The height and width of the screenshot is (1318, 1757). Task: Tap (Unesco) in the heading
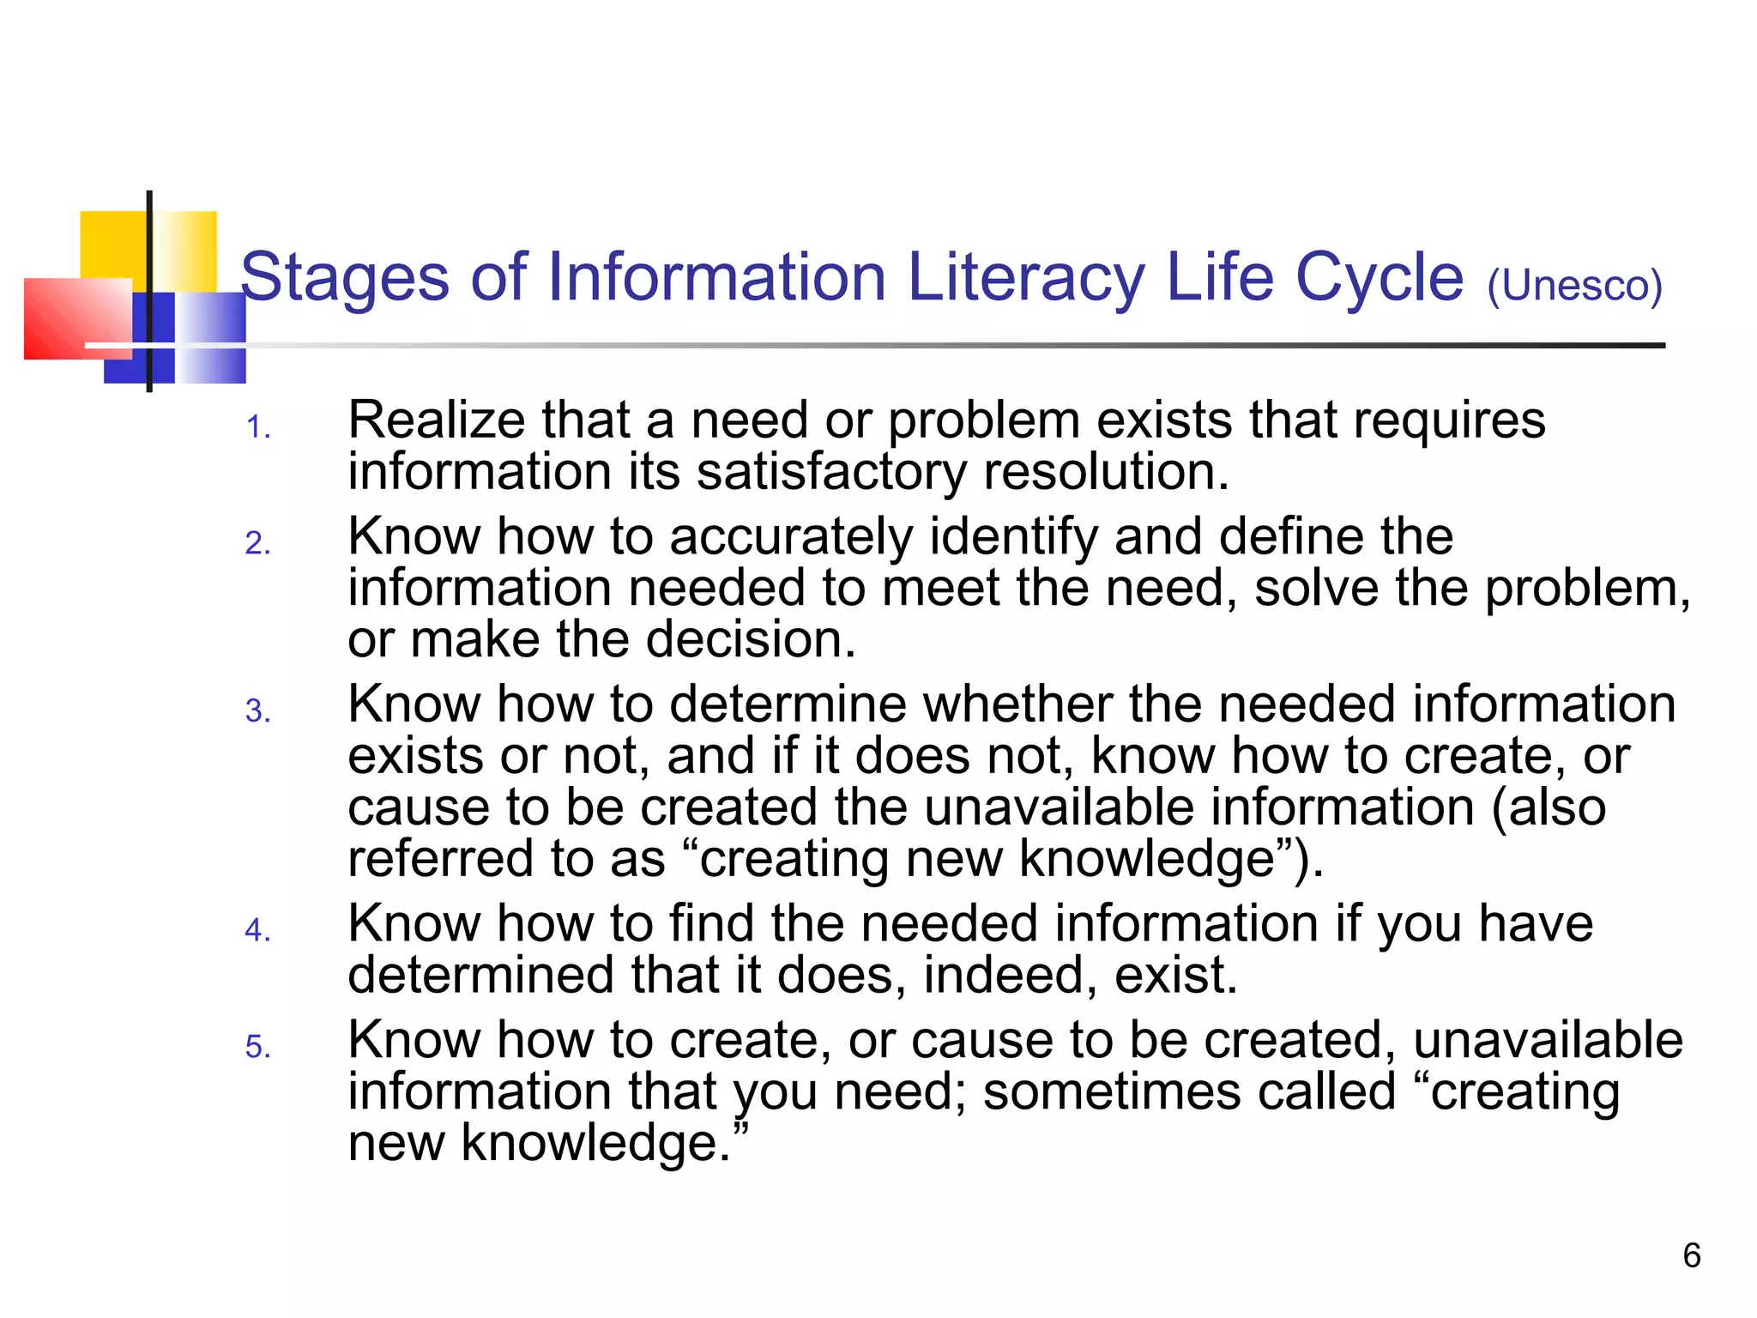pyautogui.click(x=1575, y=287)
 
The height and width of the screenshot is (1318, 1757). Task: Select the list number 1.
pyautogui.click(x=257, y=427)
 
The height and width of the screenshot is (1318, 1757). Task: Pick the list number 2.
pyautogui.click(x=257, y=544)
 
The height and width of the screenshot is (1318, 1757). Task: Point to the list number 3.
pyautogui.click(x=257, y=711)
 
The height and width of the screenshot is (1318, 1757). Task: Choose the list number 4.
pyautogui.click(x=257, y=930)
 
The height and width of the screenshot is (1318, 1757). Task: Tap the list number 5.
pyautogui.click(x=257, y=1047)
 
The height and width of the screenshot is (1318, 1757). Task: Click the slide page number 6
pyautogui.click(x=1692, y=1256)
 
